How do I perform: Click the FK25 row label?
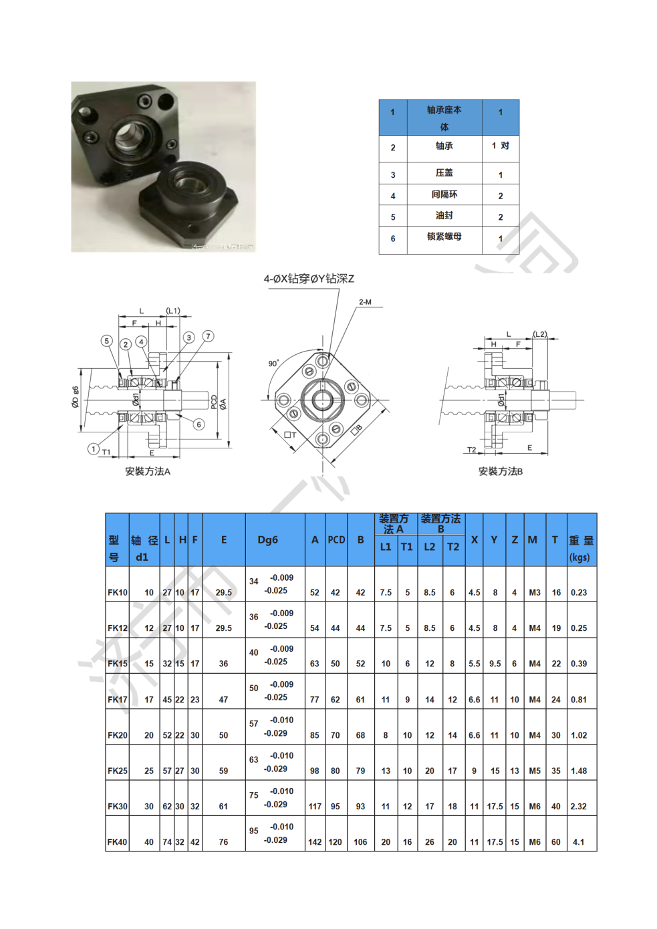pyautogui.click(x=117, y=771)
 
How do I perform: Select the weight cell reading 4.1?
pyautogui.click(x=579, y=842)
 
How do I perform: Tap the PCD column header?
pyautogui.click(x=336, y=540)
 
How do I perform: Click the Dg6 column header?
pyautogui.click(x=268, y=540)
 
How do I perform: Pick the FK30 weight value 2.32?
pyautogui.click(x=579, y=807)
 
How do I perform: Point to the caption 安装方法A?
pyautogui.click(x=148, y=471)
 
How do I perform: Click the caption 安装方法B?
pyautogui.click(x=501, y=471)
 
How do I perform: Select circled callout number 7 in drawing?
pyautogui.click(x=208, y=336)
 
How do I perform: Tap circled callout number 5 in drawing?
pyautogui.click(x=106, y=341)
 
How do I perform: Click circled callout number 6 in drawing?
pyautogui.click(x=199, y=424)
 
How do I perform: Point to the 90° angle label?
pyautogui.click(x=273, y=364)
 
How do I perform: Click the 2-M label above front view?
pyautogui.click(x=365, y=302)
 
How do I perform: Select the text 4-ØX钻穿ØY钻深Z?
pyautogui.click(x=309, y=279)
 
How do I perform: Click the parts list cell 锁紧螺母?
pyautogui.click(x=444, y=237)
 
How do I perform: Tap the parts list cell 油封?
pyautogui.click(x=444, y=215)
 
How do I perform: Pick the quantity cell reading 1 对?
pyautogui.click(x=500, y=146)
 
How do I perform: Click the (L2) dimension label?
pyautogui.click(x=540, y=334)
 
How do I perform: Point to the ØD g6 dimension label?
pyautogui.click(x=76, y=396)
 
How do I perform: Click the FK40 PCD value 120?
pyautogui.click(x=335, y=842)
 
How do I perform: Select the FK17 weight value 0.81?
pyautogui.click(x=579, y=700)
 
